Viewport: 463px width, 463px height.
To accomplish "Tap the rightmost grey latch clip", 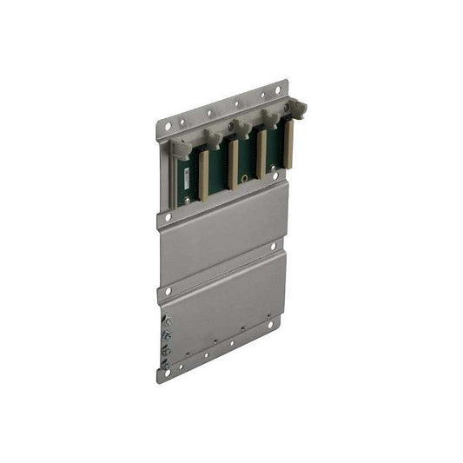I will point(298,109).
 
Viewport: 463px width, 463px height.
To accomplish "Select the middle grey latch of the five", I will point(241,128).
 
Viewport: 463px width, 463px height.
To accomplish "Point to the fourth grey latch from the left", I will point(270,117).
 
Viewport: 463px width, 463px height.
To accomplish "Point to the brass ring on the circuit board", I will point(246,178).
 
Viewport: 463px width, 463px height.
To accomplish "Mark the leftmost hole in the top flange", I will point(168,127).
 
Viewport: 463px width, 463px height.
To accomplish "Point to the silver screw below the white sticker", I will point(185,201).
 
